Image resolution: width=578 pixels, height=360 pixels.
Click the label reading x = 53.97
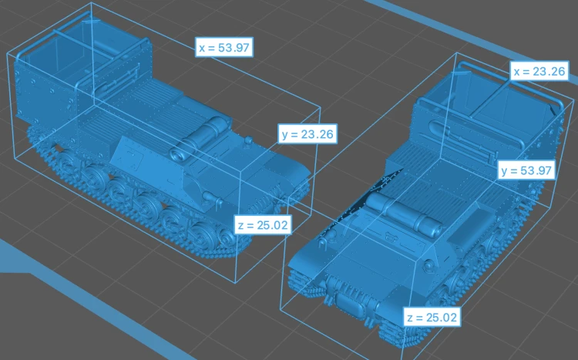(224, 48)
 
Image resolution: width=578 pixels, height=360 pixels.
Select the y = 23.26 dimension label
(307, 134)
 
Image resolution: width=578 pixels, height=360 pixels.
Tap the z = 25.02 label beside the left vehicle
(263, 225)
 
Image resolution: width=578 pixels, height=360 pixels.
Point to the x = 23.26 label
(539, 71)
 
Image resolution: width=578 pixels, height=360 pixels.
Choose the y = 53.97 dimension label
(526, 170)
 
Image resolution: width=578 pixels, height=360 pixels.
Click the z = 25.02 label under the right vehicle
(432, 317)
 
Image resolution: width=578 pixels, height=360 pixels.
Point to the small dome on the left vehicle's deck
(249, 140)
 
